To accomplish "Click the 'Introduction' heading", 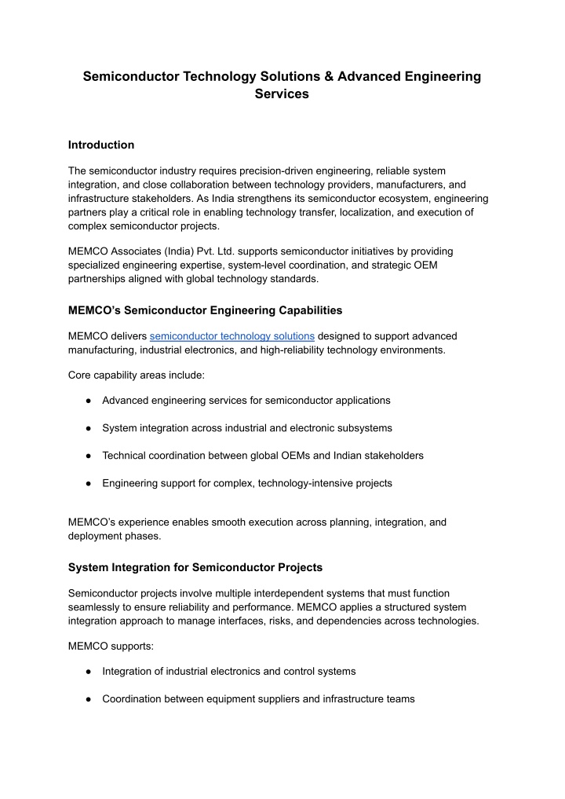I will point(101,145).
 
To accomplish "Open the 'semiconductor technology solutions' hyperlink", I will point(231,336).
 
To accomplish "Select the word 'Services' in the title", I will point(282,93).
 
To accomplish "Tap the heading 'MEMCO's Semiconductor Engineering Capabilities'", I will point(205,310).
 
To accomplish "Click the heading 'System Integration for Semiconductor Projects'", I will point(195,567).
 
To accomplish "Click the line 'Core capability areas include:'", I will point(137,376).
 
